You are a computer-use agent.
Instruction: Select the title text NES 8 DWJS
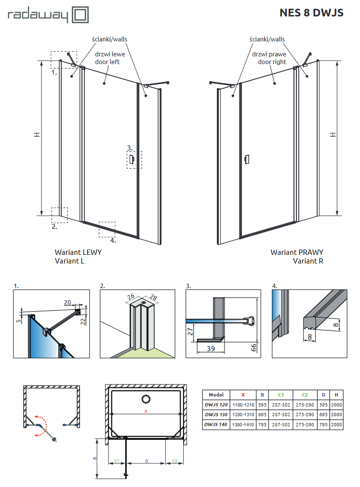click(x=311, y=13)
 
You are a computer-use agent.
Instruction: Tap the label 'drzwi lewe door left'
click(x=107, y=58)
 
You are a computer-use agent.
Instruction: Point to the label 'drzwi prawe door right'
click(x=272, y=58)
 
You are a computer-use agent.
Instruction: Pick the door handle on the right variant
click(x=247, y=158)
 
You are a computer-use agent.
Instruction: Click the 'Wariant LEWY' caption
click(x=78, y=252)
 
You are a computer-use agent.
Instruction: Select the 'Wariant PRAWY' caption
click(x=297, y=252)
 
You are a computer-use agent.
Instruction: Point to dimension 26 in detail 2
click(x=131, y=297)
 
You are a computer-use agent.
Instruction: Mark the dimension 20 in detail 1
click(x=67, y=302)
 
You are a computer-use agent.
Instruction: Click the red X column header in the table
click(x=243, y=395)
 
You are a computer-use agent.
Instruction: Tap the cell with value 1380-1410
click(x=243, y=424)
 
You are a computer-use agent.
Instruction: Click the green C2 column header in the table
click(x=304, y=395)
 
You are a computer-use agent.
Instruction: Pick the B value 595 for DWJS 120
click(x=263, y=405)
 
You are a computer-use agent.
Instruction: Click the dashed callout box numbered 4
click(x=107, y=230)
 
